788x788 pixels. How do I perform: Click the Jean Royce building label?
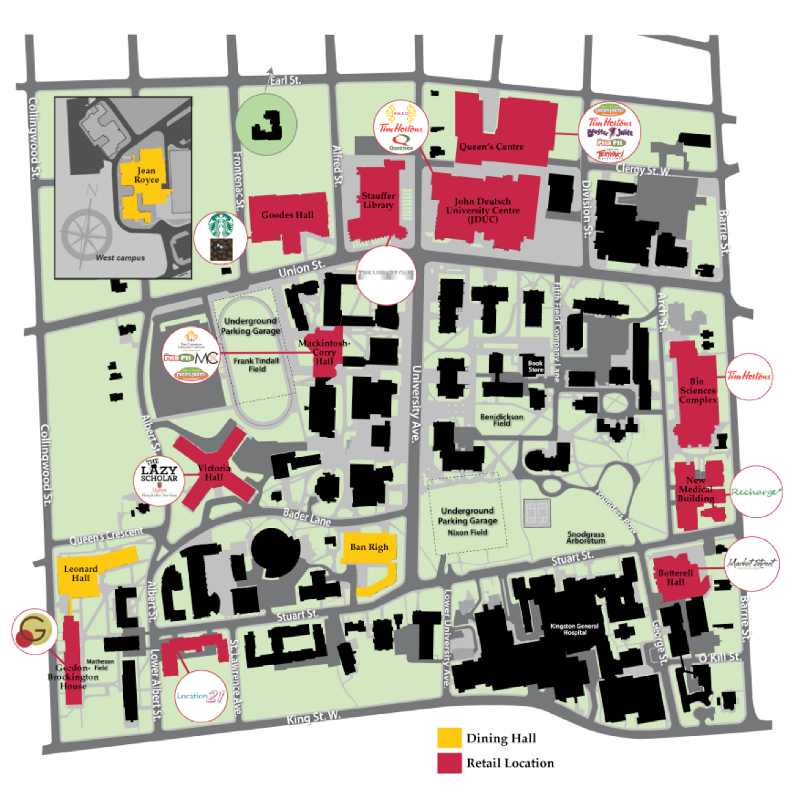point(146,175)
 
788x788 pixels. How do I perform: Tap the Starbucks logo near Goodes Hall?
point(220,226)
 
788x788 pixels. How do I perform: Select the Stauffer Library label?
point(378,200)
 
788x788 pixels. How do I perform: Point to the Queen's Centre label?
point(491,146)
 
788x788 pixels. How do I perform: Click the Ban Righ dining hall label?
point(369,547)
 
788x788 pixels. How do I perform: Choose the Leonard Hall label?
point(81,573)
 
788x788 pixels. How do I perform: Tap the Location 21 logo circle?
point(200,696)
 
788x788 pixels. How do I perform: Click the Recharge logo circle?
point(754,492)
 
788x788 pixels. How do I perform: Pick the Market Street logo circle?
point(751,564)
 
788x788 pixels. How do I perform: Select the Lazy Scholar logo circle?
point(159,480)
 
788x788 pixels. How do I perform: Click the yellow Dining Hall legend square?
point(449,737)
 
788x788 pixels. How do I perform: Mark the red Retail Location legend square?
point(449,763)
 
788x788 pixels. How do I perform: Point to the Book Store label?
point(536,367)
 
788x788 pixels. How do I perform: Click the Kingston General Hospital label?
point(574,629)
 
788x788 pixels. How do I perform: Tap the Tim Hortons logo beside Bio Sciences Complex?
point(748,376)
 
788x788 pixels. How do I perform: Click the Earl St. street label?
point(285,80)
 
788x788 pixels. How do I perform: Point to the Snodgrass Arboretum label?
point(586,538)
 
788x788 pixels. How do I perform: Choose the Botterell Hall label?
point(675,577)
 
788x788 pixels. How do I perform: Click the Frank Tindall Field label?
point(257,365)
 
